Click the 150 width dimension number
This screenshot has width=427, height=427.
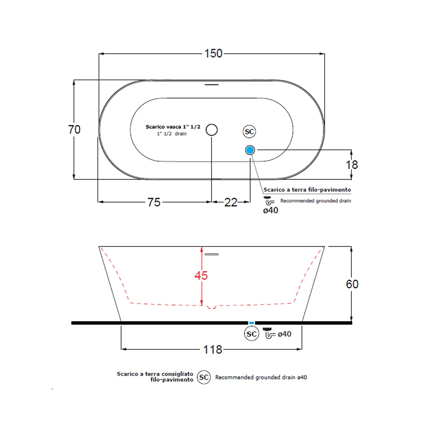(x=213, y=54)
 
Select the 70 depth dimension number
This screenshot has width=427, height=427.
(x=74, y=130)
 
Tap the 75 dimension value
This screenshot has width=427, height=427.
(x=154, y=202)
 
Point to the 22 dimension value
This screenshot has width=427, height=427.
(x=231, y=202)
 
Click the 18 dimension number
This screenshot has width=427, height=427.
(x=352, y=165)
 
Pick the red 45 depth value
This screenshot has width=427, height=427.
(x=201, y=276)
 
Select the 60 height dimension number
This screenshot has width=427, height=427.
(x=352, y=284)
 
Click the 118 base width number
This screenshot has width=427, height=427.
(x=213, y=350)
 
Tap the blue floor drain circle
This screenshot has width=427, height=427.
(x=250, y=150)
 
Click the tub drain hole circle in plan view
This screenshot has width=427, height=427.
(x=212, y=130)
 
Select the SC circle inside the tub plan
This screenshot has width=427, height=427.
(x=249, y=132)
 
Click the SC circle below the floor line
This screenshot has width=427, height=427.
(x=252, y=334)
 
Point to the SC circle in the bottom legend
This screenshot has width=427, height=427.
(x=204, y=377)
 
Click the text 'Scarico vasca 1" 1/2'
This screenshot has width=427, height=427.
(x=173, y=127)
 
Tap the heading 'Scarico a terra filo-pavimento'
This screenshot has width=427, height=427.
(x=307, y=190)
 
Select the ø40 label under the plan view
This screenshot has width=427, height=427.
(x=270, y=210)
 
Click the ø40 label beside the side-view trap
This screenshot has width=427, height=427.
(x=284, y=334)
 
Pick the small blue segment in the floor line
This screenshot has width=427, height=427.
(x=251, y=323)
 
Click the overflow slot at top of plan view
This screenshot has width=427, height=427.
(x=212, y=85)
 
